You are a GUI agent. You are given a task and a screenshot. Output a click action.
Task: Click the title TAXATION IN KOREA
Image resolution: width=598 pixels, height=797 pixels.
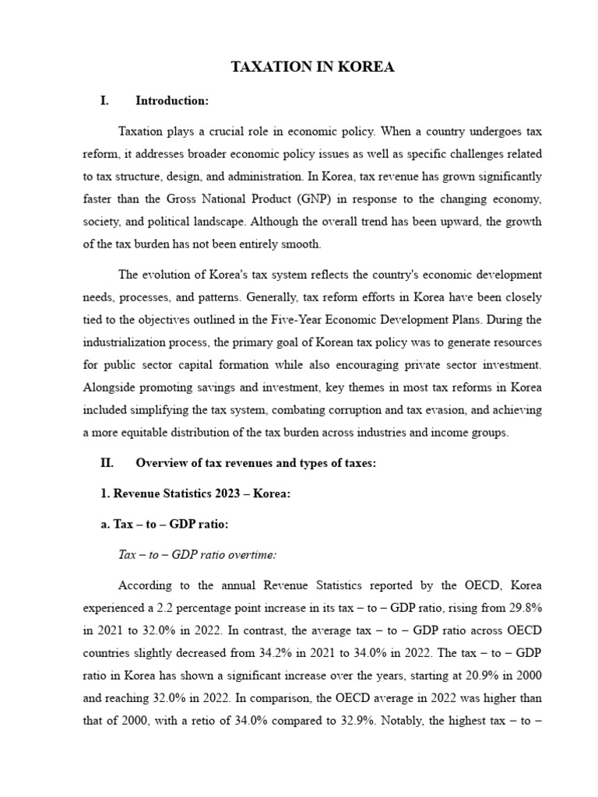(313, 68)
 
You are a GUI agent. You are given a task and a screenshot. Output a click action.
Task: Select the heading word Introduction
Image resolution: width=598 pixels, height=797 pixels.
(171, 100)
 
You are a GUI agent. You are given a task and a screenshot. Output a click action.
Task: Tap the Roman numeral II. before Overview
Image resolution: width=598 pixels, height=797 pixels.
(107, 462)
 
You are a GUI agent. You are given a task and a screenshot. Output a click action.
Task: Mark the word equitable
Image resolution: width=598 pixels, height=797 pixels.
(147, 433)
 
